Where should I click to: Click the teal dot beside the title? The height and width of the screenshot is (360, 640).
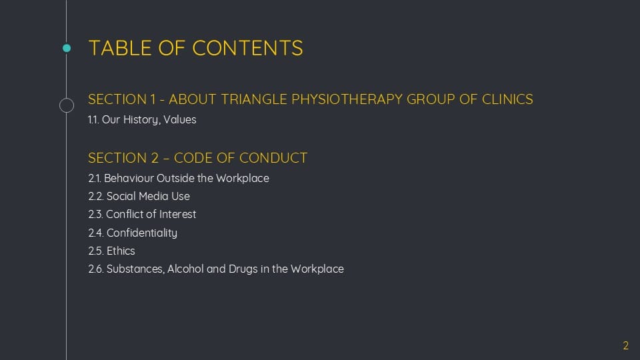coord(67,48)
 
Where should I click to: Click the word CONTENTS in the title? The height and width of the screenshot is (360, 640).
coord(248,48)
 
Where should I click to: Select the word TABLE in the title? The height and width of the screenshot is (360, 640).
coord(120,48)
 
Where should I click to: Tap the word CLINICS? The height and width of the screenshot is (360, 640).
coord(507,99)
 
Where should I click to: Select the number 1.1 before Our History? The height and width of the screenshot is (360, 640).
coord(93,119)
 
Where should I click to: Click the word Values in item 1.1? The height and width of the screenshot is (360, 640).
coord(179,119)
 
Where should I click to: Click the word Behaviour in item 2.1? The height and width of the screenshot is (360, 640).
coord(129,179)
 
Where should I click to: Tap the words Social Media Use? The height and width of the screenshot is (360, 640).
coord(148,196)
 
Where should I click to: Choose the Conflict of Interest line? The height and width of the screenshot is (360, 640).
coord(142,214)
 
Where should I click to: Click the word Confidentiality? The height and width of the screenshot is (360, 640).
coord(141,233)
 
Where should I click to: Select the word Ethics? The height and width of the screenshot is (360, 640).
coord(121,251)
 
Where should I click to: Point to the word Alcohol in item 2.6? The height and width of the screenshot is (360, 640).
coord(185,269)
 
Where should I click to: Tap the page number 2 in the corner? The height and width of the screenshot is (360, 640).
coord(626,346)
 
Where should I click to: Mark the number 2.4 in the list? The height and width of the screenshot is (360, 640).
coord(95,233)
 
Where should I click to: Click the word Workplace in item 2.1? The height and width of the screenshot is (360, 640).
coord(243,179)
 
